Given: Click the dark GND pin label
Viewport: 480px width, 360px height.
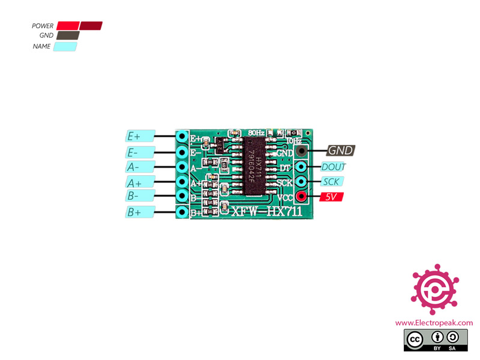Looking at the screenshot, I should [340, 151].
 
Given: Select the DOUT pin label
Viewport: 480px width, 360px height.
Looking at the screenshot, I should [334, 167].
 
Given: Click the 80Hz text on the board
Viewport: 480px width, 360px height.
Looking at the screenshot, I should [256, 132].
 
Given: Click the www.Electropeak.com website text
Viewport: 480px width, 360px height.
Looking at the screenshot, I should [434, 323].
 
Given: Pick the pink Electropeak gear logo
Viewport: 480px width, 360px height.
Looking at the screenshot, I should [434, 289].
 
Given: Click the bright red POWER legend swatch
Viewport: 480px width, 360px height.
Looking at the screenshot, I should [68, 26].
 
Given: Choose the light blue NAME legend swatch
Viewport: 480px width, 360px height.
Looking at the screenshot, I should [65, 46].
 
